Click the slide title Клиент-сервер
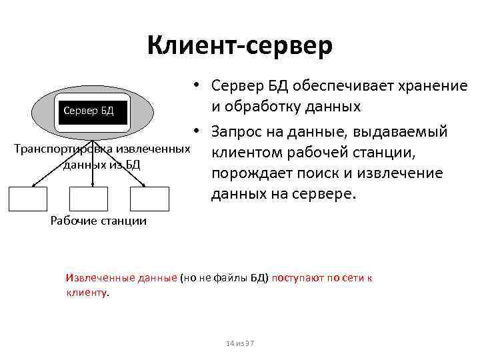tap(239, 46)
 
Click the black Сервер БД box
tap(88, 111)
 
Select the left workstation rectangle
tap(29, 199)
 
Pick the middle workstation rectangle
tap(89, 199)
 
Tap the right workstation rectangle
tap(149, 199)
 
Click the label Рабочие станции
tap(99, 221)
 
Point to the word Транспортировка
tap(59, 147)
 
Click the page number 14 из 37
tap(239, 343)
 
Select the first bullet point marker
tap(198, 85)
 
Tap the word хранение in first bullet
tap(433, 86)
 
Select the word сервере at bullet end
tap(327, 194)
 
